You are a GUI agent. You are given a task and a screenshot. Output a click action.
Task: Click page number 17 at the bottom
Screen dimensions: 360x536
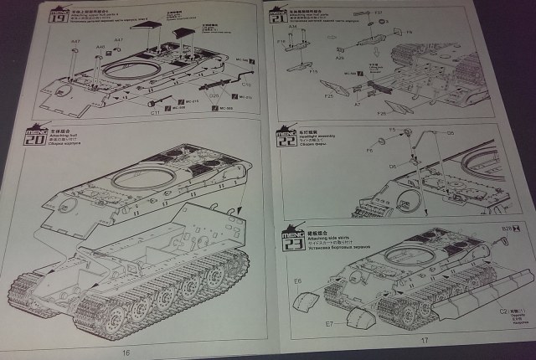[x=424, y=341]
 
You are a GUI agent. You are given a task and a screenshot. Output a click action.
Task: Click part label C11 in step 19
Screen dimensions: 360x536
[x=156, y=112]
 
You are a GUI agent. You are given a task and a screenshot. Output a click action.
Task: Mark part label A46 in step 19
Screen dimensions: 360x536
[x=100, y=48]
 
